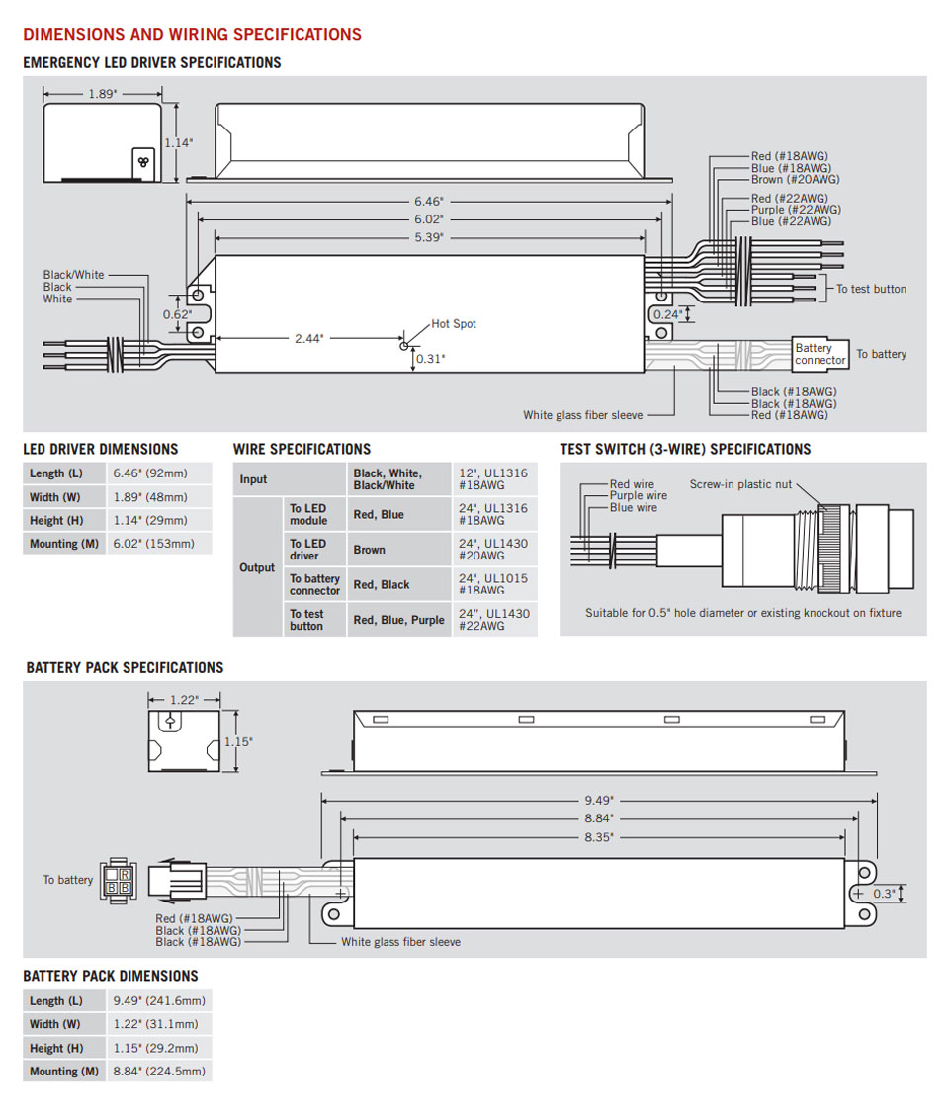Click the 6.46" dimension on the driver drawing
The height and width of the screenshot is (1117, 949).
[428, 200]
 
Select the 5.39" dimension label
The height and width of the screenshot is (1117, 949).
[428, 237]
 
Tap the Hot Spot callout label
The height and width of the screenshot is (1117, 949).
[453, 324]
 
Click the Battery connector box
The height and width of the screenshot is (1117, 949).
[820, 354]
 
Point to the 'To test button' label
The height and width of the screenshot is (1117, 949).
[871, 289]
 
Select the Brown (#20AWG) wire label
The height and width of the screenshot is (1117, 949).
[795, 180]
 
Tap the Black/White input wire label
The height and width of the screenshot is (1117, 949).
[73, 275]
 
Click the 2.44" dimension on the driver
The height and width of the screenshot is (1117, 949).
[308, 338]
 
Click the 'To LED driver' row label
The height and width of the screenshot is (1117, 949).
[307, 550]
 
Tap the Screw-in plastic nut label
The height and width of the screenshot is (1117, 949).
[740, 483]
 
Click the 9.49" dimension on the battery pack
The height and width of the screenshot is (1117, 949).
[598, 799]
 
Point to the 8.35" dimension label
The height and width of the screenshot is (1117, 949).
[598, 836]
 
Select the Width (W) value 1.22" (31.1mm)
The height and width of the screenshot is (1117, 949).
[155, 1024]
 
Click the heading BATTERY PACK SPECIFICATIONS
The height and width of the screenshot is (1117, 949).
[125, 668]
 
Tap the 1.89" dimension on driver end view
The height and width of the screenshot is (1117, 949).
[101, 93]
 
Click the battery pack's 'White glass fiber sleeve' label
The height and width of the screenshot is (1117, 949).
[400, 942]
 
